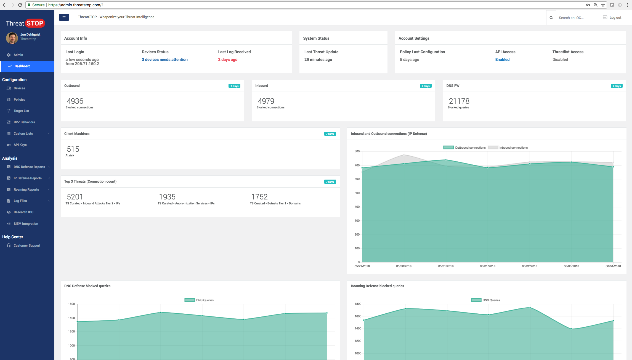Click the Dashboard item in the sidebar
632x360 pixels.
point(22,66)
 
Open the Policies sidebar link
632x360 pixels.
point(19,100)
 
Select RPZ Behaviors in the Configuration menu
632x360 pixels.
point(24,122)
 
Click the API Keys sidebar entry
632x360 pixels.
point(20,145)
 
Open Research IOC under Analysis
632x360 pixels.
point(23,212)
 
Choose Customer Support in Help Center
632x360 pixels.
point(27,246)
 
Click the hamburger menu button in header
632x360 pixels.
point(64,17)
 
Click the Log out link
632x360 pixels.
point(615,18)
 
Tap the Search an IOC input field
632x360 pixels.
point(575,18)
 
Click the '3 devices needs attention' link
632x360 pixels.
point(164,60)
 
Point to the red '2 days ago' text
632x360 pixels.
point(228,60)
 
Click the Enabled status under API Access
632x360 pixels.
point(502,60)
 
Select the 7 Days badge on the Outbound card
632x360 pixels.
point(234,86)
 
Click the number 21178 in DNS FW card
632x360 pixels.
point(459,101)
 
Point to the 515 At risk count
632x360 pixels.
point(73,149)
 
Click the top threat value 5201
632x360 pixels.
point(75,197)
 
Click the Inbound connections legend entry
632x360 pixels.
point(513,148)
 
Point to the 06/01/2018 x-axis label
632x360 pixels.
point(487,266)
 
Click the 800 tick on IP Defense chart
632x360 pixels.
point(357,151)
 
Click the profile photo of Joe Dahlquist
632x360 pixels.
point(12,38)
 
